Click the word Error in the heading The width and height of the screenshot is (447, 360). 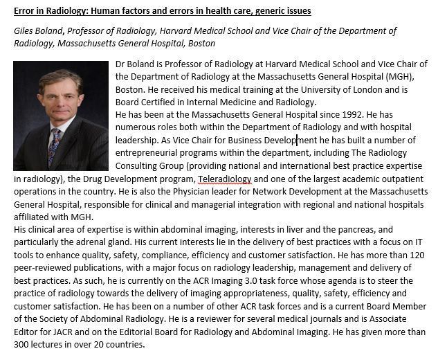pos(27,11)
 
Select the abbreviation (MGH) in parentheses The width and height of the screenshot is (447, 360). pos(411,77)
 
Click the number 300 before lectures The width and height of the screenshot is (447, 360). pos(23,345)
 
